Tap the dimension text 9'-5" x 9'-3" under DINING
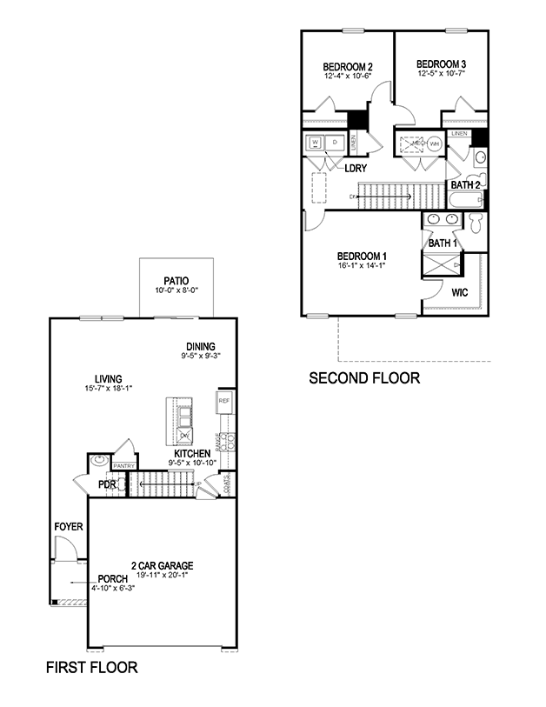coord(201,356)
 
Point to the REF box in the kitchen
coord(223,401)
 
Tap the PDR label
coord(107,484)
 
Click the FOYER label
coord(68,527)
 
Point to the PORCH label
coord(113,578)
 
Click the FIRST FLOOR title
coord(91,668)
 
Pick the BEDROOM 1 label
coord(362,256)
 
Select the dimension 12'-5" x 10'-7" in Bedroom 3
coord(441,74)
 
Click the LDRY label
coord(355,169)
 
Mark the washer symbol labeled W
coord(315,142)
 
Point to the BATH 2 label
coord(464,184)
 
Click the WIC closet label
coord(459,292)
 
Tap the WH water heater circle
coord(434,143)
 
